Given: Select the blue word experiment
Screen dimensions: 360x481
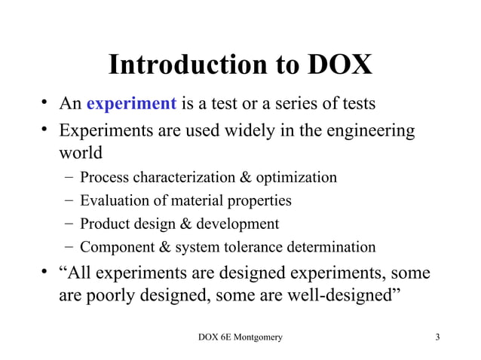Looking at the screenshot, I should coord(132,102).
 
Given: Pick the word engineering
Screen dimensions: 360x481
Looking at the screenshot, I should coord(369,131).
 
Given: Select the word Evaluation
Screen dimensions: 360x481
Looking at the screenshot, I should coord(113,201).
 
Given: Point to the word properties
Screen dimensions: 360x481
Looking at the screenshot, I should coord(261,201).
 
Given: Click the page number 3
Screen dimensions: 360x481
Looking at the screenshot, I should coord(437,337).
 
